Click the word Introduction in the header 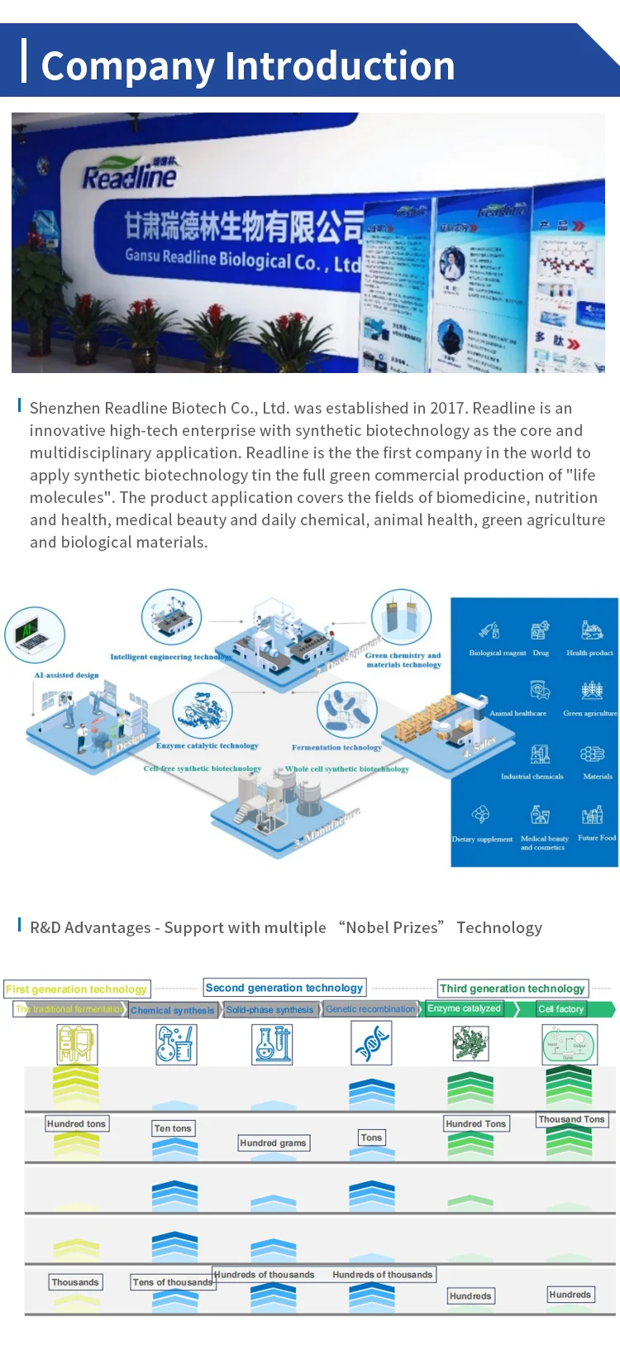coord(340,66)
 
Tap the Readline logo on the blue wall coord(130,175)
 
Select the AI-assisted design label coord(66,675)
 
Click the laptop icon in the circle coord(35,635)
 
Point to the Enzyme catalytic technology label coord(207,745)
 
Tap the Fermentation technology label coord(336,747)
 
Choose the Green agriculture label coord(590,712)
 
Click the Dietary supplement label coord(482,839)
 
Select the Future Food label coord(597,837)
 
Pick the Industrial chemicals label coord(532,776)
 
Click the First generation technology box coord(76,989)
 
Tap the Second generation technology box coord(284,988)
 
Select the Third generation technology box coord(513,989)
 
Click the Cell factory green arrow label coord(561,1009)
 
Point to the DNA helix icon coord(371,1043)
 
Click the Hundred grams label coord(273,1143)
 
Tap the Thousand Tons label coord(572,1119)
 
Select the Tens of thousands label coord(173,1282)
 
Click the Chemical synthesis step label coord(173,1010)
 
